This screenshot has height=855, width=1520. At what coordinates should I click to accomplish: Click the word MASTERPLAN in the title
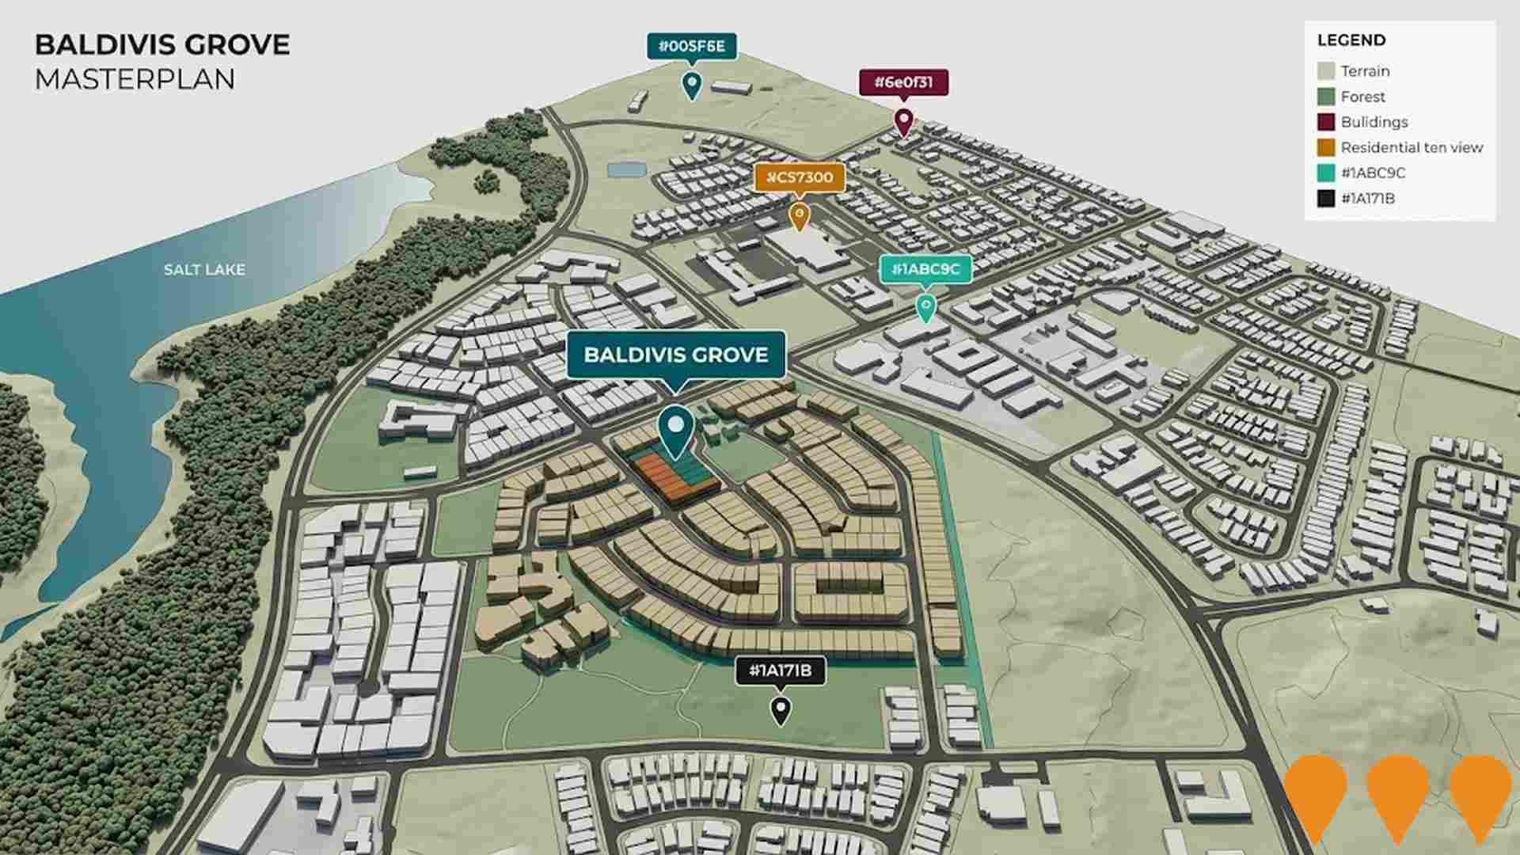click(135, 80)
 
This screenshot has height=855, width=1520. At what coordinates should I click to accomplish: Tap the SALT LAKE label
click(204, 270)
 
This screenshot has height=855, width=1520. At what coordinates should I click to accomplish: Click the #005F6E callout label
click(692, 47)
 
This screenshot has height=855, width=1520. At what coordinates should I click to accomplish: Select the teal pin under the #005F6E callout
click(692, 84)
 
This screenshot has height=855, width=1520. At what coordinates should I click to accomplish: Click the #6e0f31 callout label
click(903, 82)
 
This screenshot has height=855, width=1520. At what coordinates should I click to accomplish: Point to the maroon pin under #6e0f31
click(903, 121)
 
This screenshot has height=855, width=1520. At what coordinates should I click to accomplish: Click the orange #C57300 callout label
click(800, 177)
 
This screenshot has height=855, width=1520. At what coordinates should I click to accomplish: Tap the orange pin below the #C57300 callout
click(800, 215)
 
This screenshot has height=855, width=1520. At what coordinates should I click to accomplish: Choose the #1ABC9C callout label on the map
click(925, 269)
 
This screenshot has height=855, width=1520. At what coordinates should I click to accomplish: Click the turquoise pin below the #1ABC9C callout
click(925, 306)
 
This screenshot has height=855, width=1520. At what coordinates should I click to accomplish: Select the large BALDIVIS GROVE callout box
click(675, 355)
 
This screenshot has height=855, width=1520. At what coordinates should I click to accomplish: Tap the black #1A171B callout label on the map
click(781, 671)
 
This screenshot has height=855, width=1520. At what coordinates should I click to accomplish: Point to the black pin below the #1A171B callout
click(781, 709)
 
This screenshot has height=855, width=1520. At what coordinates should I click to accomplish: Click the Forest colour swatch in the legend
click(1326, 97)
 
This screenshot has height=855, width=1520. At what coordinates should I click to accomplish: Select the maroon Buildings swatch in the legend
click(1326, 122)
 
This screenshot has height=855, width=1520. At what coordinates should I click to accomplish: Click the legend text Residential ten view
click(1412, 147)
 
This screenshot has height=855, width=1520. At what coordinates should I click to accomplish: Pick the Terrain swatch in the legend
click(1326, 71)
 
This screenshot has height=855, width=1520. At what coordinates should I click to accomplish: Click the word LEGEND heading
click(1351, 40)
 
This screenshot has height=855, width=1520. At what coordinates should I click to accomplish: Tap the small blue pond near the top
click(626, 169)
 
